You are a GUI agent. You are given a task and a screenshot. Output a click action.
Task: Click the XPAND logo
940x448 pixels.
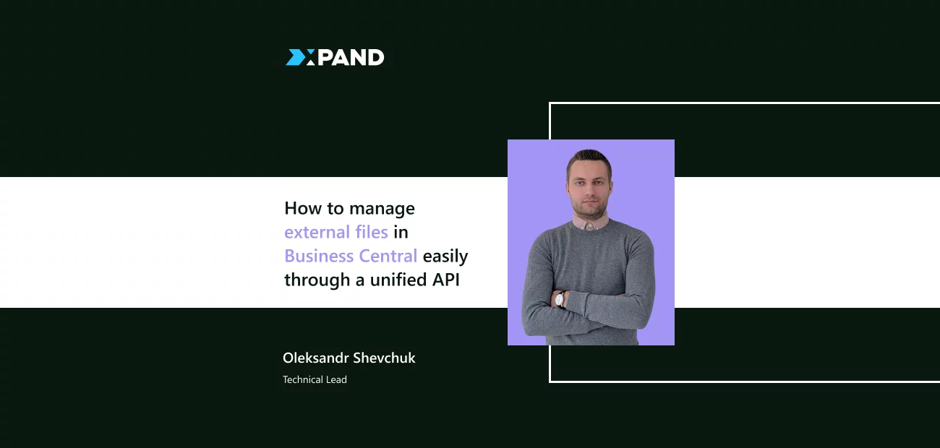pos(335,58)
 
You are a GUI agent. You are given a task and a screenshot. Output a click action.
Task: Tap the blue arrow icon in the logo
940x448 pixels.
pos(296,58)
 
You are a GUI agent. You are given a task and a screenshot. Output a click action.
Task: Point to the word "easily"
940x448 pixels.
pos(445,257)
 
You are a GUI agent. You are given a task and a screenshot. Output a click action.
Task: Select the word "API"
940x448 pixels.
pos(446,280)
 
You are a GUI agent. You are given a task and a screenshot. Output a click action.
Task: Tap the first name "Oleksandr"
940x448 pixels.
pos(315,358)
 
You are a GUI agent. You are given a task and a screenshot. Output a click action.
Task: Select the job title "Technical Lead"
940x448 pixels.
pos(315,379)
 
